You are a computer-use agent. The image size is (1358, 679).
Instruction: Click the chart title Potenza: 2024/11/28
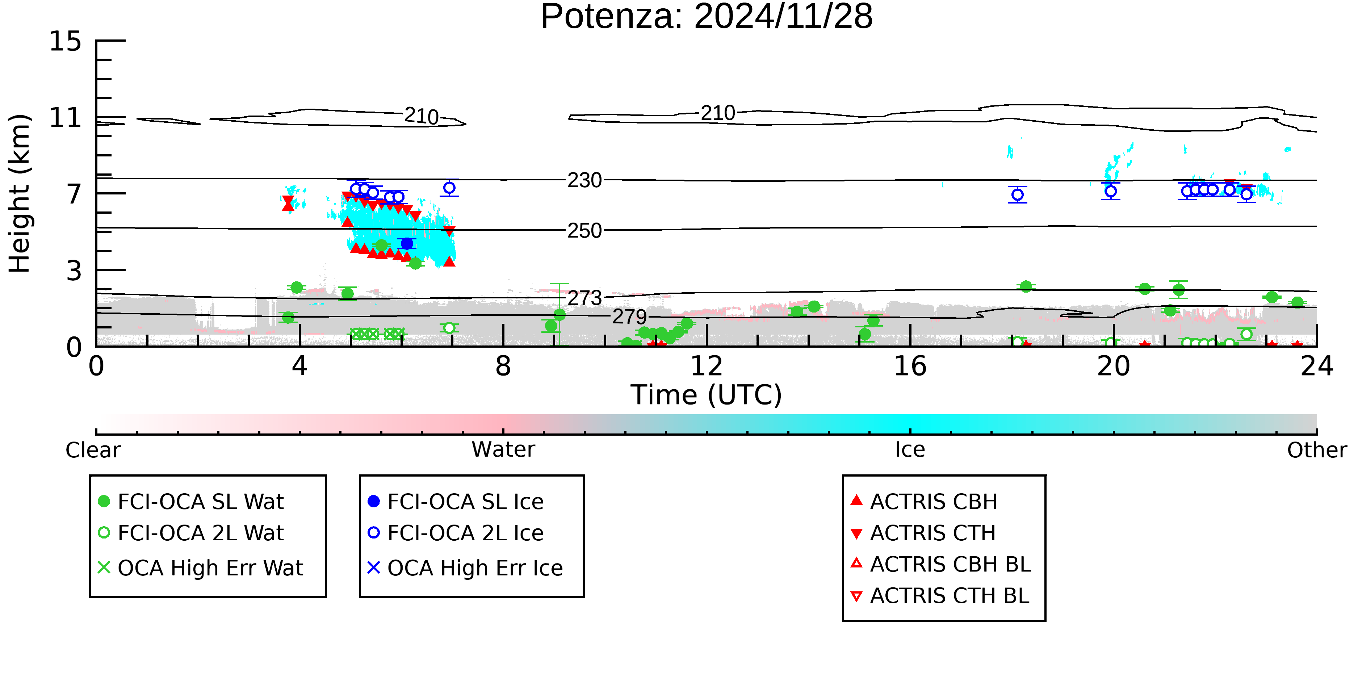(x=707, y=17)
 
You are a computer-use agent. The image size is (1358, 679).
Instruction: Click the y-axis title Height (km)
(x=20, y=193)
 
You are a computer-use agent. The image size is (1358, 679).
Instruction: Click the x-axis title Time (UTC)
(x=707, y=395)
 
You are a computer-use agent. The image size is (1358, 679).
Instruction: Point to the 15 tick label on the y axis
(x=66, y=41)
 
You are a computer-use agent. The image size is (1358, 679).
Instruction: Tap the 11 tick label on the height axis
(x=66, y=118)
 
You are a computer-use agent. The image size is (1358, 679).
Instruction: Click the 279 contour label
(x=629, y=317)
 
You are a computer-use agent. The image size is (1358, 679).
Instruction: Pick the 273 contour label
(x=584, y=298)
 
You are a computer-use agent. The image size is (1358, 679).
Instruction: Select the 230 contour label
(x=584, y=180)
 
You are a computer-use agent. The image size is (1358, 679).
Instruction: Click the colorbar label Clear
(x=93, y=450)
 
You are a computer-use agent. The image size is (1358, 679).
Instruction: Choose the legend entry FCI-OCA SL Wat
(x=191, y=501)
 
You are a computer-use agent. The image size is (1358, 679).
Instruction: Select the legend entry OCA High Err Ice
(x=465, y=568)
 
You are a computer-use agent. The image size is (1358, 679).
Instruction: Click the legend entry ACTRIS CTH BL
(x=940, y=596)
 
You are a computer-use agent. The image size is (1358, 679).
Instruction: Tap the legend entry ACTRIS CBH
(x=924, y=501)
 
